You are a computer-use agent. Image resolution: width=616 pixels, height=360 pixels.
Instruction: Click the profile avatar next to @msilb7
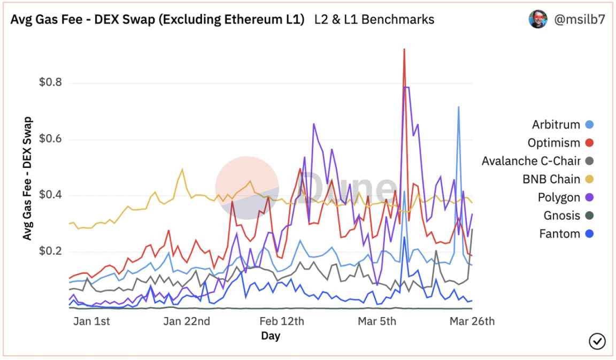pos(538,19)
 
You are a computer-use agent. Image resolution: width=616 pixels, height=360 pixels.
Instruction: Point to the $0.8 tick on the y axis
pos(50,83)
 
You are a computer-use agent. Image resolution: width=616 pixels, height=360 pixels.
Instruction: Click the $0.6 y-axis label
pos(50,139)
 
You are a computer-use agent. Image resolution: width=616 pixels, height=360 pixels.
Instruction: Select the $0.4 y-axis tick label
pos(50,195)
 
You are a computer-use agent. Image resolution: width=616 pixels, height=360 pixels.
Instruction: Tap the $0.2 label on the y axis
pos(50,251)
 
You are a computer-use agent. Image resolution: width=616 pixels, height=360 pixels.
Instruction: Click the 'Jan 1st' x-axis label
pos(91,321)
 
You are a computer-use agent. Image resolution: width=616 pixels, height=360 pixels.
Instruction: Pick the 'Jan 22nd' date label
pos(187,321)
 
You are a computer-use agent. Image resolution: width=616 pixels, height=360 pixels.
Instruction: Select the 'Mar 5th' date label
pos(376,321)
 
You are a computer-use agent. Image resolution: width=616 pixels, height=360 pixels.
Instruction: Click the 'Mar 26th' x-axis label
pos(472,321)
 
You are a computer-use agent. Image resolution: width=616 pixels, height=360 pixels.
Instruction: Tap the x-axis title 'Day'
pos(271,336)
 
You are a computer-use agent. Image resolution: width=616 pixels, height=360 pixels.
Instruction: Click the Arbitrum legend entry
pos(556,125)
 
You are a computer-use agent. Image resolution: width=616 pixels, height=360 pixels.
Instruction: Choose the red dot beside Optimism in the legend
pos(589,143)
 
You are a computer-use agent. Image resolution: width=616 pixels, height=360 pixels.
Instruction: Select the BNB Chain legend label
pos(551,179)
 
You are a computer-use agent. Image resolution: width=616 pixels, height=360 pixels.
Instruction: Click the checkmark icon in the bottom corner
pos(597,341)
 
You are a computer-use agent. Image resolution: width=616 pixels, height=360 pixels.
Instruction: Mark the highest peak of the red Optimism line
pos(404,49)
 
